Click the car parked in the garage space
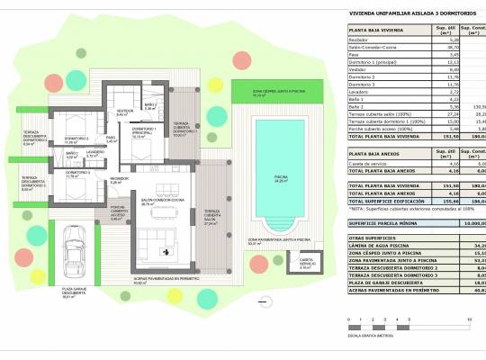(x=75, y=240)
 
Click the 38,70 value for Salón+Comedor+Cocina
(x=442, y=47)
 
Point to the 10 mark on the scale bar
(x=469, y=319)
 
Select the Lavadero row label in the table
(x=360, y=91)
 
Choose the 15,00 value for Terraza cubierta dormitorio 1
(x=442, y=121)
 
